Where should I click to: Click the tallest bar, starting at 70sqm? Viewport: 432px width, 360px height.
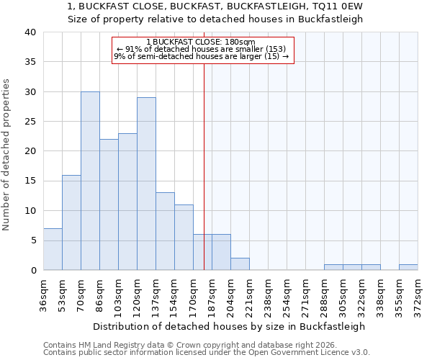(90, 181)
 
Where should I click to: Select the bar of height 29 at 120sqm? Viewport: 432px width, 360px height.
(146, 184)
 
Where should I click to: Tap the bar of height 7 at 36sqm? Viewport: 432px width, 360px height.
(53, 249)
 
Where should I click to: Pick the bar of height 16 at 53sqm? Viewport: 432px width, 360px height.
(71, 222)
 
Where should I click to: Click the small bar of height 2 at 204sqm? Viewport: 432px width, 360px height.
(240, 264)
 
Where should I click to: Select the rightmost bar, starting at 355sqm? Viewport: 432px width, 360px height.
(408, 267)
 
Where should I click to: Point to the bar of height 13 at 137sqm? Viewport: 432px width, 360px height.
(165, 231)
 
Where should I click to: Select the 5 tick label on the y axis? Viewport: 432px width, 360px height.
(32, 240)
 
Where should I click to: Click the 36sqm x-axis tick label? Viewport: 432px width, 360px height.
(44, 293)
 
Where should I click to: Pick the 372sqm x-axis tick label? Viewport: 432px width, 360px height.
(418, 293)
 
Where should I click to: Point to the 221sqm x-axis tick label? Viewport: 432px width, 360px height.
(250, 293)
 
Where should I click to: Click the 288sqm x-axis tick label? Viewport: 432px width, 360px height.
(325, 293)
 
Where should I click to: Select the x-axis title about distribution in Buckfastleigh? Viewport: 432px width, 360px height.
(229, 326)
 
